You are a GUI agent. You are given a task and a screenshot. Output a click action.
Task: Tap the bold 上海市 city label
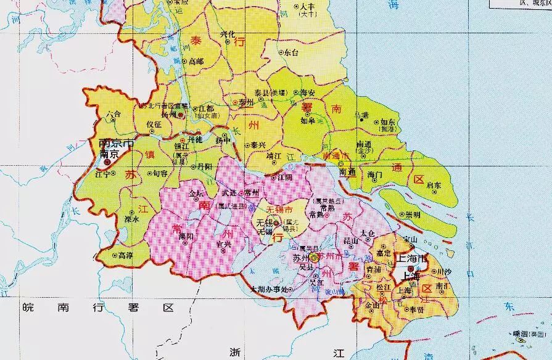point(412,260)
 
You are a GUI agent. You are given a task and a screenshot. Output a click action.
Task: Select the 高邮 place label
point(196,61)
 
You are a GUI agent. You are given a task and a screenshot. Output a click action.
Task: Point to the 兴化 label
point(228,35)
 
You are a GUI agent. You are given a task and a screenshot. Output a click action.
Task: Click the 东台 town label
point(290,54)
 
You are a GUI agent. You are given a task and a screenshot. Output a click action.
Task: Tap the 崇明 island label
point(412,215)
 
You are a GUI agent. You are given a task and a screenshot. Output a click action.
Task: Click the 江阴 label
point(284,178)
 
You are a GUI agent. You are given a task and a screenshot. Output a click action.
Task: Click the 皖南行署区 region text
point(99,307)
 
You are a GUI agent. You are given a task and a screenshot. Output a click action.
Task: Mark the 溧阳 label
point(186,236)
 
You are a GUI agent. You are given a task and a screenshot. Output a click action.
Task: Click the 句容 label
point(160,174)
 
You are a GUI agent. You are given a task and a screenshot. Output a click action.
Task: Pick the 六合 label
point(113,115)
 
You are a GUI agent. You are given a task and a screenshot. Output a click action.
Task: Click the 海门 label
point(375,175)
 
